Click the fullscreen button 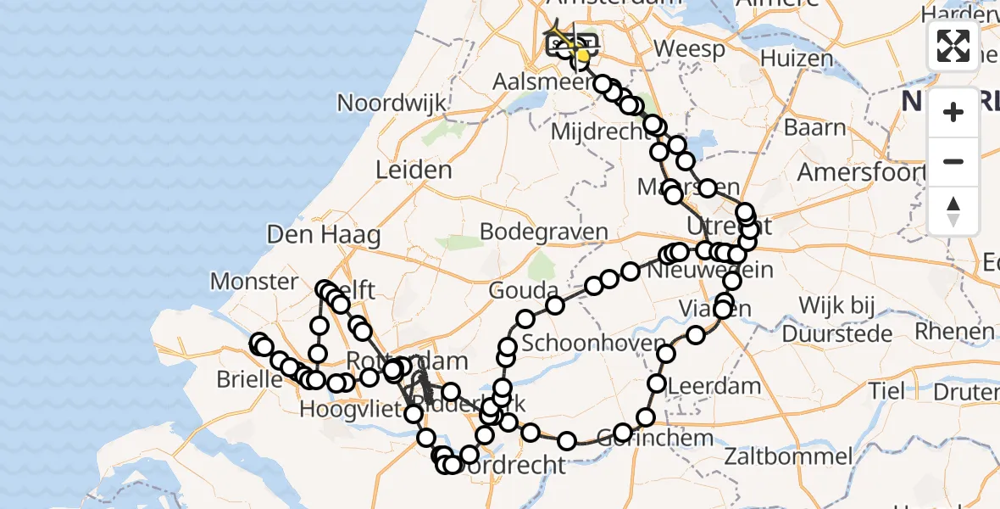coord(953,45)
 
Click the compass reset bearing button coord(953,211)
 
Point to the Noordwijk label coord(392,103)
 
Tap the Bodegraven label coord(544,232)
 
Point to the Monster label coord(254,281)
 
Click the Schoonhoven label coord(582,344)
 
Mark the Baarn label coord(814,128)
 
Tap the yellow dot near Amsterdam coord(582,57)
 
